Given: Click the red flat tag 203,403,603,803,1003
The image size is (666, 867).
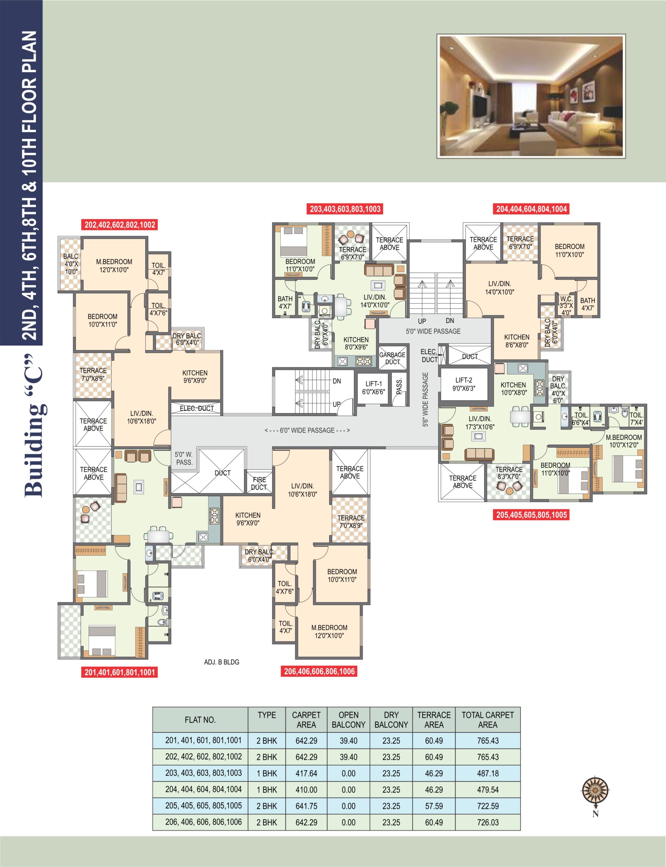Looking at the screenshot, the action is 345,209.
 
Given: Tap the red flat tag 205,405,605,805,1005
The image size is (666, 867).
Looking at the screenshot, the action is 532,515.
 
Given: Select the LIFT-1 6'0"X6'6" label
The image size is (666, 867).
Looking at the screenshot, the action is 373,388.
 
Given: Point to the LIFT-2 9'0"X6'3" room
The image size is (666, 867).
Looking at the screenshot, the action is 464,384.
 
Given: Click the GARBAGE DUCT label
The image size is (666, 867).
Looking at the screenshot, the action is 392,358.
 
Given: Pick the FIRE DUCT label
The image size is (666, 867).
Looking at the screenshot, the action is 259,483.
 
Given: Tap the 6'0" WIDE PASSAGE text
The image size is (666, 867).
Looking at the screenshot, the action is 307,430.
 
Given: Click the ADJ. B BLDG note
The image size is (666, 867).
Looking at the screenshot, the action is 221,662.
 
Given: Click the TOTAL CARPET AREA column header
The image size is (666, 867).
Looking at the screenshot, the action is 488,720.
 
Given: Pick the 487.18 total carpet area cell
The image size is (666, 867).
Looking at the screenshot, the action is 488,774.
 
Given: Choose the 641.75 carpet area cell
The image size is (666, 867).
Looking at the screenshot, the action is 306,806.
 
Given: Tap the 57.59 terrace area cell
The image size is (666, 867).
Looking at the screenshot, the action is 434,806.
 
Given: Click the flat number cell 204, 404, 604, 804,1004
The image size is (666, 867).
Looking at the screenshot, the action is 203,789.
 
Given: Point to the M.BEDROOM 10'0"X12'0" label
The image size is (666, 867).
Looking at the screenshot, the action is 624,441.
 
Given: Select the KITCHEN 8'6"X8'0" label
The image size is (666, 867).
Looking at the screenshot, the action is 517,341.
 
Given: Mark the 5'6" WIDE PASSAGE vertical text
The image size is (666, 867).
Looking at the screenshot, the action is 425,400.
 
